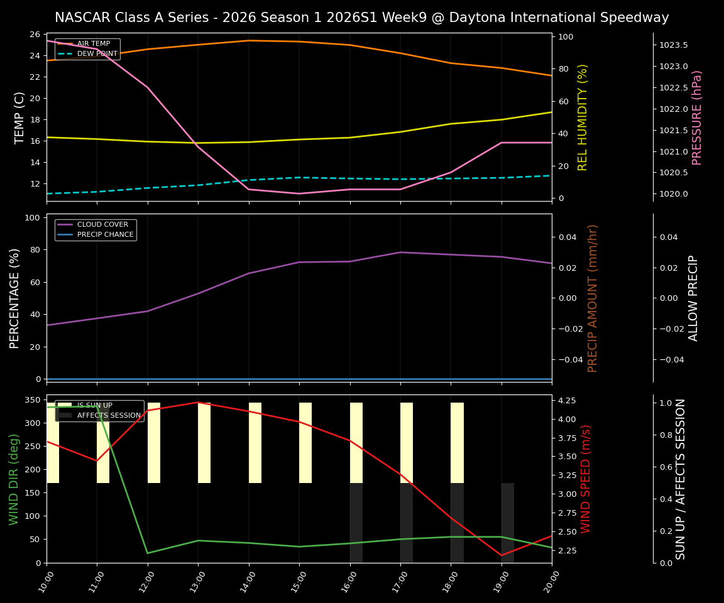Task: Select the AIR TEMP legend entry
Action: click(x=93, y=44)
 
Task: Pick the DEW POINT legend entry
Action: click(x=96, y=54)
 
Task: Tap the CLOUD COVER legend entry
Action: click(x=102, y=225)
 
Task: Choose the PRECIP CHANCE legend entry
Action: click(x=105, y=235)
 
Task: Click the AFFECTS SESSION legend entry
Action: click(x=109, y=415)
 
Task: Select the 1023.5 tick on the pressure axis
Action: click(x=673, y=45)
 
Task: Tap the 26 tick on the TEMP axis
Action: click(x=35, y=35)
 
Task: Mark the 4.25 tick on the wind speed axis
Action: click(x=568, y=401)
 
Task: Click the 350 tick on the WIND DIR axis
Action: click(x=32, y=400)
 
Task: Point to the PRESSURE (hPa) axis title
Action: click(x=697, y=117)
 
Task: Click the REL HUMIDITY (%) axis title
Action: click(x=583, y=117)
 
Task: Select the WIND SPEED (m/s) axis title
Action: click(x=586, y=479)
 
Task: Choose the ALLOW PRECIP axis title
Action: click(x=694, y=298)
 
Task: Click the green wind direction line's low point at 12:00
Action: click(x=148, y=553)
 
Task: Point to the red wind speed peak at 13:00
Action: click(x=198, y=402)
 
